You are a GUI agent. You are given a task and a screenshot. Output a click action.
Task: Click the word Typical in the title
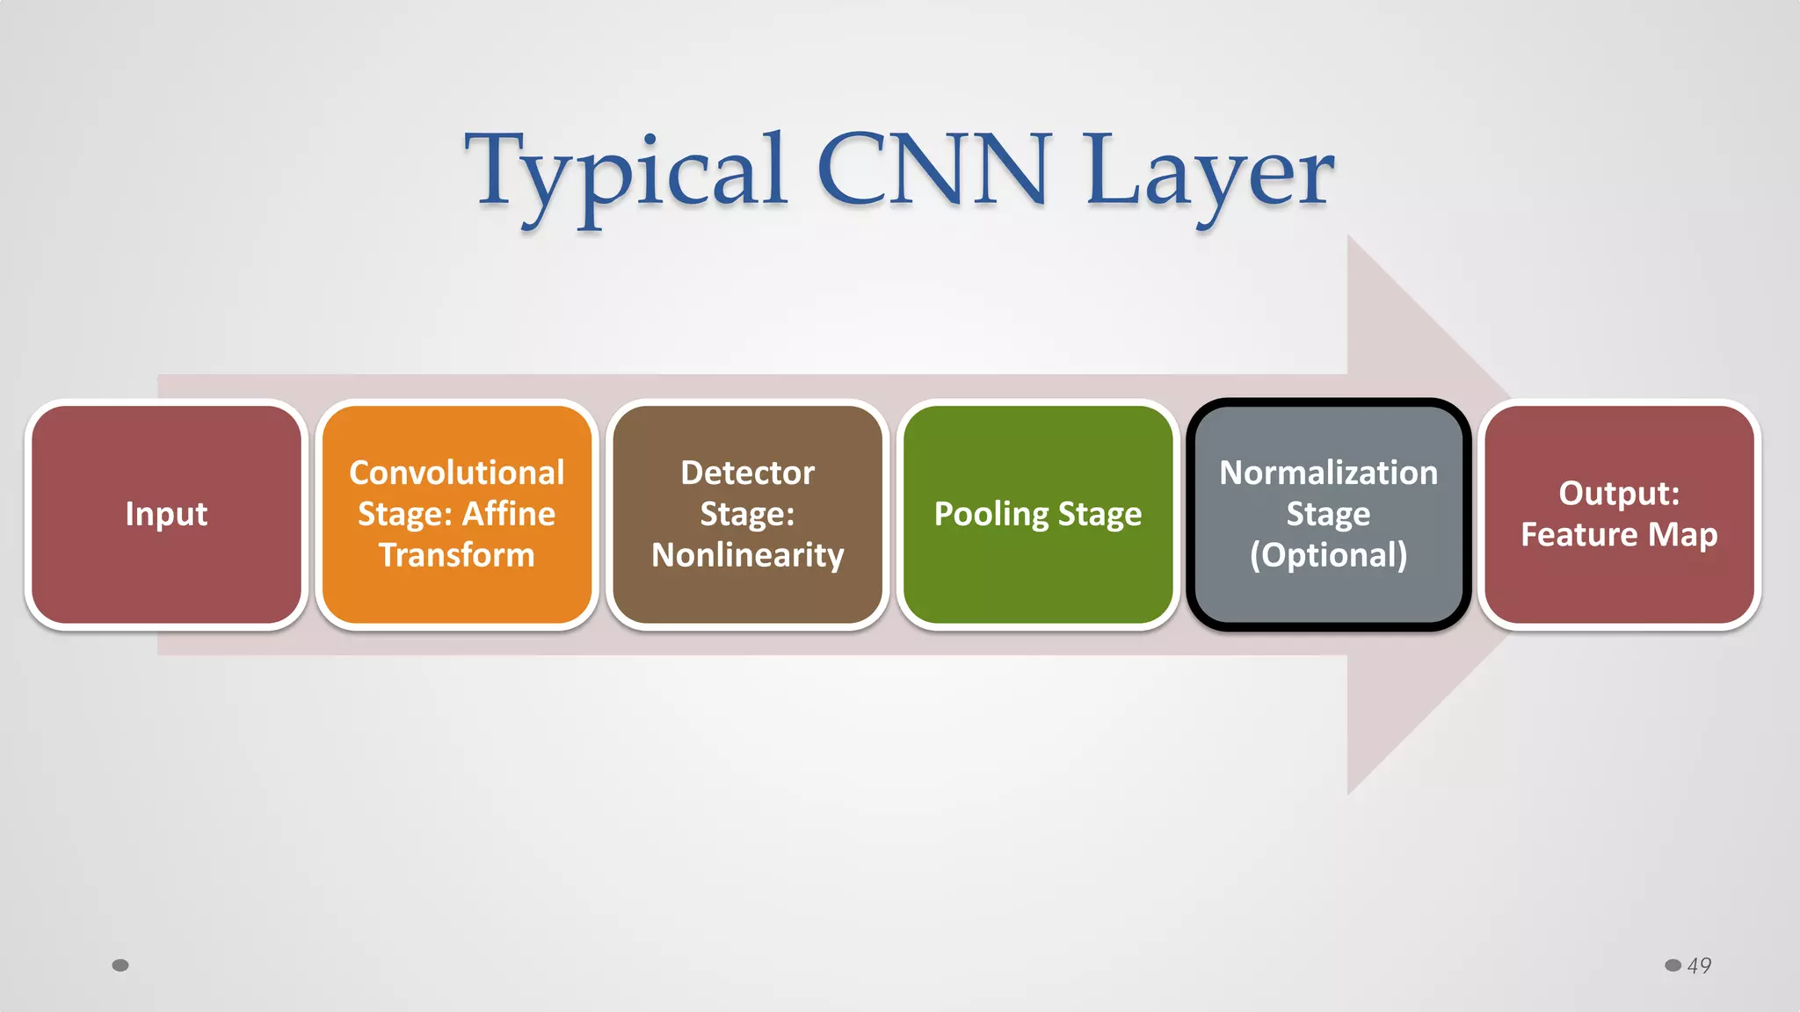click(x=625, y=171)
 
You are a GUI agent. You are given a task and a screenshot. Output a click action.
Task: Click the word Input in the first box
click(x=166, y=514)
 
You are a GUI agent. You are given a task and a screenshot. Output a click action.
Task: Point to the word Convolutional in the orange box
click(x=456, y=473)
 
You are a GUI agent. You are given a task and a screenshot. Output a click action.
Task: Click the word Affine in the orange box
click(x=509, y=514)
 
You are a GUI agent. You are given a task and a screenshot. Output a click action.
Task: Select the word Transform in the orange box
click(x=456, y=555)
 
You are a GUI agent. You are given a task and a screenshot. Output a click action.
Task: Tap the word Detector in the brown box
click(x=747, y=473)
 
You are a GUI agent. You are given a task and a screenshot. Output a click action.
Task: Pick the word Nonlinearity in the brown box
click(x=747, y=555)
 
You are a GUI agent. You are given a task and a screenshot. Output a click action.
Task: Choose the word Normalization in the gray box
click(x=1328, y=473)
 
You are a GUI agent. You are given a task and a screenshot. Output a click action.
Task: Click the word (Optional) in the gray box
click(x=1328, y=555)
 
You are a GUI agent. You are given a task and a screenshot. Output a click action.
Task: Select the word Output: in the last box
click(x=1619, y=494)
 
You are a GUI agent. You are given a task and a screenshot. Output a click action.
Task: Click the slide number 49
click(x=1699, y=965)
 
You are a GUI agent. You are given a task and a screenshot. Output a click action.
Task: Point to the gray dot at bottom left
click(x=120, y=965)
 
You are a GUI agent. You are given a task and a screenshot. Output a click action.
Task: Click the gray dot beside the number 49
click(x=1673, y=965)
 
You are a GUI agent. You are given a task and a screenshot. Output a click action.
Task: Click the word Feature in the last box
click(x=1579, y=535)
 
